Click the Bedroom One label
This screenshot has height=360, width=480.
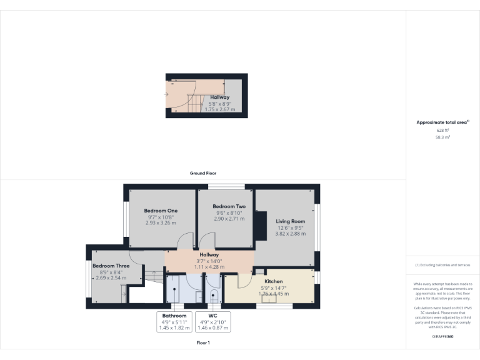point(161,211)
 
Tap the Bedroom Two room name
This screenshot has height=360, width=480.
point(229,206)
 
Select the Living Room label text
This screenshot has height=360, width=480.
point(291,221)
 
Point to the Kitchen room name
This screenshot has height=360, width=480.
point(274,281)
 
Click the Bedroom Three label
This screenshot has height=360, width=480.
point(111,266)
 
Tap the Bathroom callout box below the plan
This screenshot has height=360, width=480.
point(175,321)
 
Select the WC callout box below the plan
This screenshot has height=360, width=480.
point(212,321)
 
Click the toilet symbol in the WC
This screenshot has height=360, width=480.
point(213,297)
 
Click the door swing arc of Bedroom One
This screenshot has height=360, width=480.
point(184,241)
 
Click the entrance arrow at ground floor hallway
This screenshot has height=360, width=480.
point(166,95)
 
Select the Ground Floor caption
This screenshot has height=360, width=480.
point(202,173)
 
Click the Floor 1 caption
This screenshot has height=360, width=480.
point(202,342)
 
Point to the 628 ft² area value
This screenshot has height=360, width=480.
point(442,130)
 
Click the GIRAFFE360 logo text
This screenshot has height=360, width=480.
point(442,336)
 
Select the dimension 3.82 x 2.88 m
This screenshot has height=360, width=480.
point(291,234)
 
